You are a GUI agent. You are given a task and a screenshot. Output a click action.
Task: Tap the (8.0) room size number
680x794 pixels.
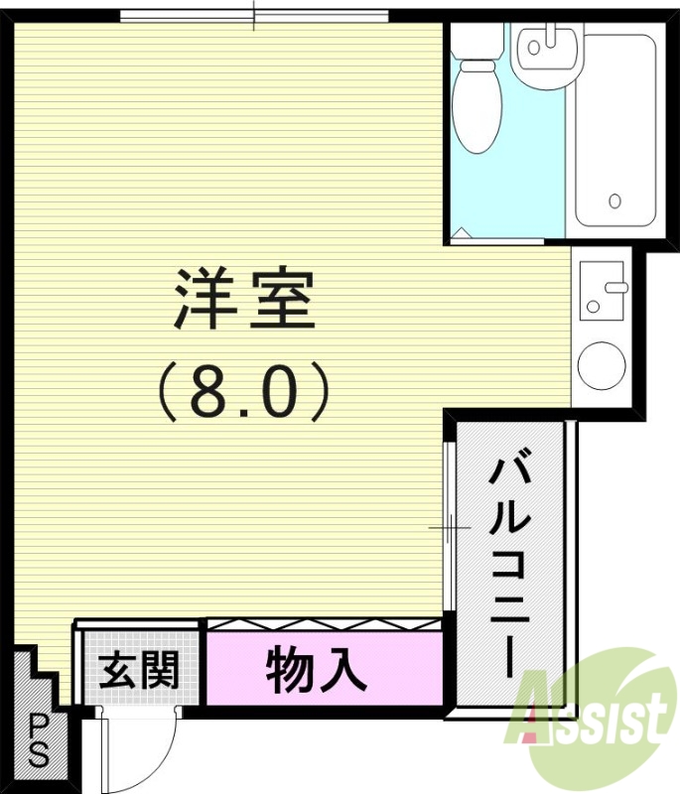[x=244, y=391]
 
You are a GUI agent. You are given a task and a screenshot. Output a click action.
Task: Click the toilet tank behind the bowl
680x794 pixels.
[x=476, y=42]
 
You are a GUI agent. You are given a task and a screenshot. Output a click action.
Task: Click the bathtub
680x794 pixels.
[x=615, y=129]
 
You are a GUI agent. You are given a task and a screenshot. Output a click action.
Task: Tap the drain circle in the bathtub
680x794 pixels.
[x=615, y=201]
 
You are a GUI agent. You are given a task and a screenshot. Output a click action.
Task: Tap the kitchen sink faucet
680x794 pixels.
[x=615, y=288]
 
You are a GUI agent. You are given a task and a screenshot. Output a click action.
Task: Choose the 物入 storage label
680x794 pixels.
[x=317, y=673]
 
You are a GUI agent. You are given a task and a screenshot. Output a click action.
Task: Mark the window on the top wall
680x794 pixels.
[x=254, y=16]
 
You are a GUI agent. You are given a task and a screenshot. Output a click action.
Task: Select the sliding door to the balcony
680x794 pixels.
[x=449, y=526]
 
